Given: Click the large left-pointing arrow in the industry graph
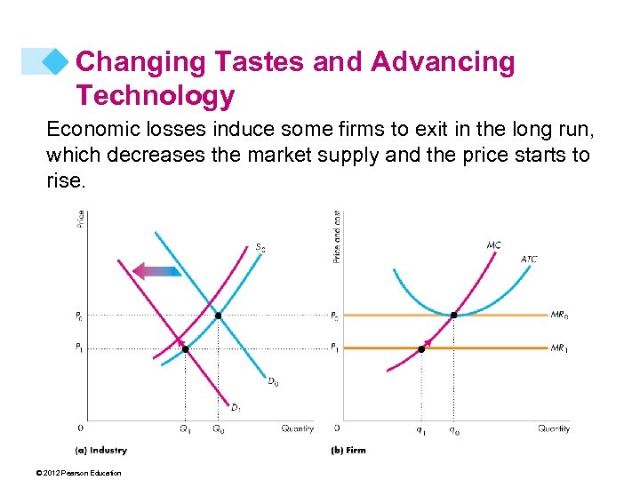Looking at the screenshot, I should tap(156, 269).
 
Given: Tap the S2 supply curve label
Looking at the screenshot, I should tap(260, 247).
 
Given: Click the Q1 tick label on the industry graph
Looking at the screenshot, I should tap(185, 429).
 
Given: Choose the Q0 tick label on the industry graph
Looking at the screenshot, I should tap(218, 429).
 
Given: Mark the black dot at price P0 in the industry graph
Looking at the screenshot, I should tap(218, 316).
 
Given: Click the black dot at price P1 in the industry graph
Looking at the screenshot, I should tap(185, 348).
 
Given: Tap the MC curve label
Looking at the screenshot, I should tap(493, 244).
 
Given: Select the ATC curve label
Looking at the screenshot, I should tap(529, 260).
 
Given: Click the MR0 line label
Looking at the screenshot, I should tap(560, 315).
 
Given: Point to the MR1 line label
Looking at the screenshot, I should tap(560, 348).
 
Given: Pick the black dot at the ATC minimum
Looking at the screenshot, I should tap(454, 316).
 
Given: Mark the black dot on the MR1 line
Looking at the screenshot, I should tap(421, 348).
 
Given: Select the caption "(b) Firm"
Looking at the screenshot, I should tap(348, 450).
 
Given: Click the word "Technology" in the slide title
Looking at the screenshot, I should tap(155, 94).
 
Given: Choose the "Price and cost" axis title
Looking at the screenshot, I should tap(337, 236).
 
